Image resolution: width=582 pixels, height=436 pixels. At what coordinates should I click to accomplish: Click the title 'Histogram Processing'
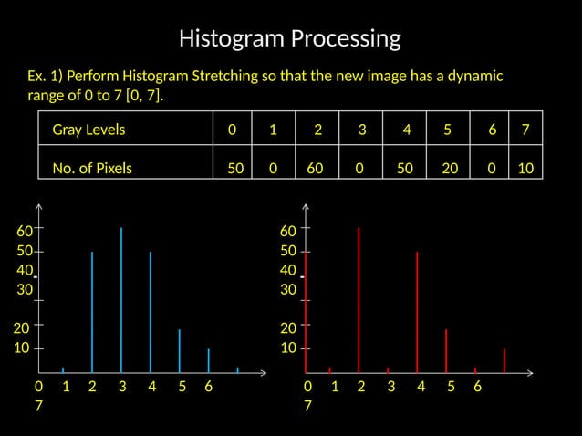pyautogui.click(x=290, y=38)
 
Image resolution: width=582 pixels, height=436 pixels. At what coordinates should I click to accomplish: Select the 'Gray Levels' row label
pyautogui.click(x=88, y=130)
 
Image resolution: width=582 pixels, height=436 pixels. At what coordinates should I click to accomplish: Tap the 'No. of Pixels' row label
pyautogui.click(x=92, y=168)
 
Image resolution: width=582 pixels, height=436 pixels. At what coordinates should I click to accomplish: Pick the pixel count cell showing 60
pyautogui.click(x=316, y=168)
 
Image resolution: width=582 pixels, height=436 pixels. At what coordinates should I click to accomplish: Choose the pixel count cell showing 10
pyautogui.click(x=525, y=168)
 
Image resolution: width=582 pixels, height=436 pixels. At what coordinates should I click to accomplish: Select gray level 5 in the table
pyautogui.click(x=447, y=130)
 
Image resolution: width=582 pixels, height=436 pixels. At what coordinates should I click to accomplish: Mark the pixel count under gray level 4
pyautogui.click(x=405, y=168)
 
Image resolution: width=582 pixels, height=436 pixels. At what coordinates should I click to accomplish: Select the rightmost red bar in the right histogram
pyautogui.click(x=504, y=360)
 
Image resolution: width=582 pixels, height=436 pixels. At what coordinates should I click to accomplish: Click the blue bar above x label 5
pyautogui.click(x=180, y=350)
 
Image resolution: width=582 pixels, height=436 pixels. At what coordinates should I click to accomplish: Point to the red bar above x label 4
pyautogui.click(x=417, y=310)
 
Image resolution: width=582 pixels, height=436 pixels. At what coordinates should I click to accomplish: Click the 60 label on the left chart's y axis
pyautogui.click(x=25, y=231)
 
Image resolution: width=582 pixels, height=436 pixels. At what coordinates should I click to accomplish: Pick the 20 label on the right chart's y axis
pyautogui.click(x=288, y=328)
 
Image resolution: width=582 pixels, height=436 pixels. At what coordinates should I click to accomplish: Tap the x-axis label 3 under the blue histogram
pyautogui.click(x=122, y=387)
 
